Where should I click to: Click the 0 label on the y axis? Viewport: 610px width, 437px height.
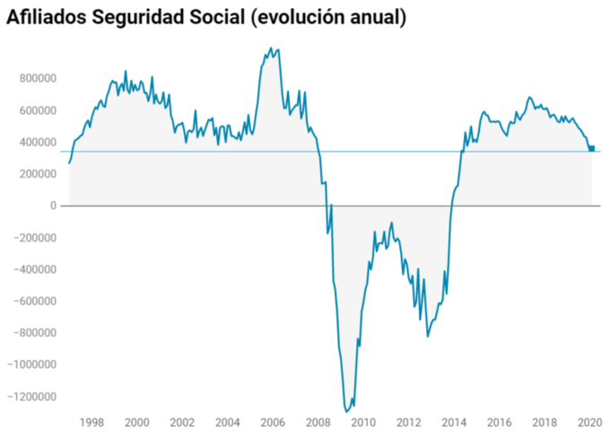54,206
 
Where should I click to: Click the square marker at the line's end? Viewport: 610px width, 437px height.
591,148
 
